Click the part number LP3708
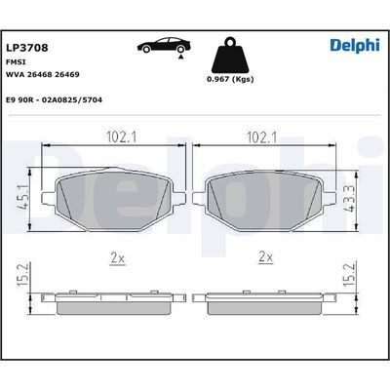[x=27, y=46]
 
